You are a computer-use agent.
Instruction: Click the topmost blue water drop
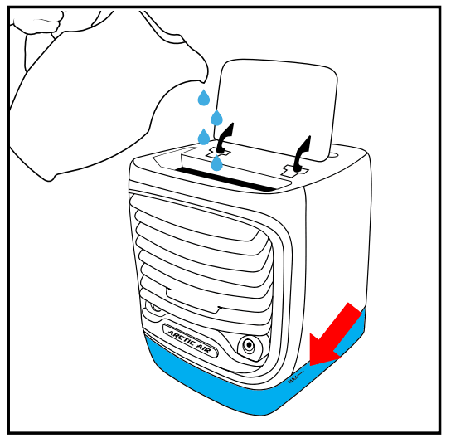203,98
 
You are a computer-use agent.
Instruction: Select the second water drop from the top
217,118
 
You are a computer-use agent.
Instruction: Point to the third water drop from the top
204,137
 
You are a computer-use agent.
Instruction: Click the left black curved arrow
224,137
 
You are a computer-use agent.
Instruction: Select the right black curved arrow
303,149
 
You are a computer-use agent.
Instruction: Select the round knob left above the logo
154,309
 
